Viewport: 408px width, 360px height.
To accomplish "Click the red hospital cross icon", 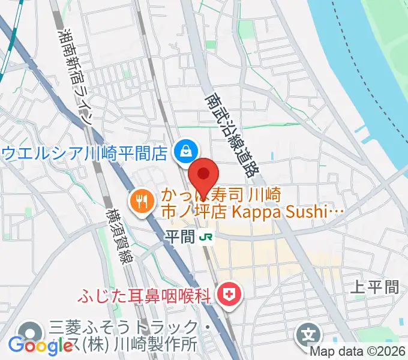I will click(x=229, y=294).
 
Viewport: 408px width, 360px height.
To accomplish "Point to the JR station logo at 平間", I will click(x=205, y=238).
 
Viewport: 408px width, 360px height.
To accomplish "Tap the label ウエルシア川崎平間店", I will click(x=84, y=153).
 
